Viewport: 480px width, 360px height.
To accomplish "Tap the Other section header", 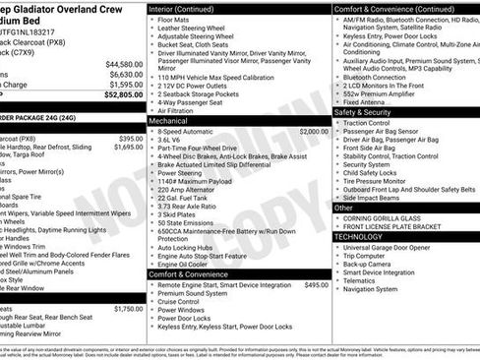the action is tap(344, 208).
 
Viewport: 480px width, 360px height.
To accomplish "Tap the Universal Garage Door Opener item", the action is tap(394, 247).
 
